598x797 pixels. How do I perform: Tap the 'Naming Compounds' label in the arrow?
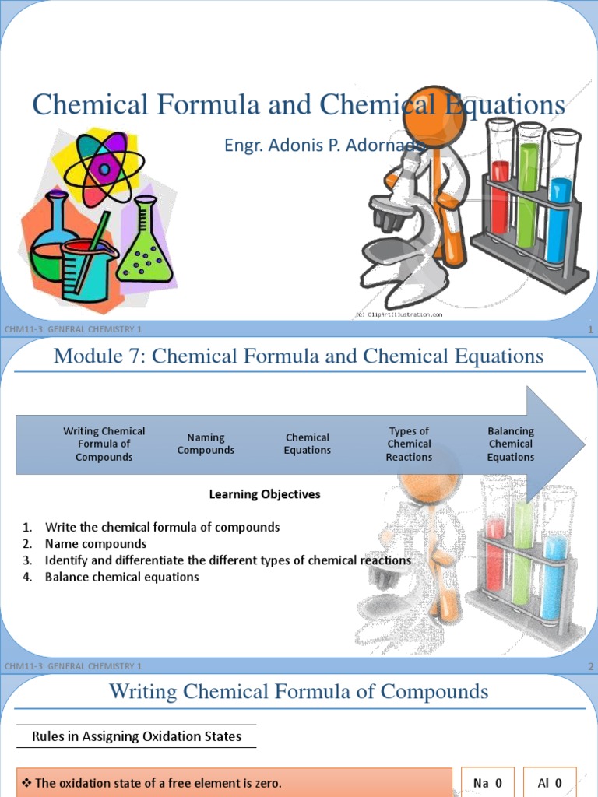coord(206,444)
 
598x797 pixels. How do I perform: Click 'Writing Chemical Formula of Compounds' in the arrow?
coord(104,444)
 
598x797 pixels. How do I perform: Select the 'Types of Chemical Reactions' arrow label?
coord(409,444)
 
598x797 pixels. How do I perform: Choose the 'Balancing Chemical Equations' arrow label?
coord(511,444)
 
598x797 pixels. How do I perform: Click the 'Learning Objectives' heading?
coord(265,494)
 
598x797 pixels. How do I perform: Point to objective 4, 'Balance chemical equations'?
coord(122,577)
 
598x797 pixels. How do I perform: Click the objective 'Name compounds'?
coord(96,544)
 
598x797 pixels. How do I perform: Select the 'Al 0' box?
coord(550,783)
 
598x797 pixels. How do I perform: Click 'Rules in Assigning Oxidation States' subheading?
coord(137,736)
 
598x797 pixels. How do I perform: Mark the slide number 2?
coord(591,666)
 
